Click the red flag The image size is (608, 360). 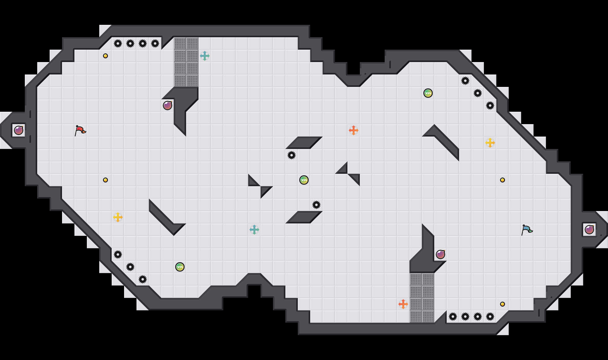pos(80,130)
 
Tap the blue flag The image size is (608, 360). pos(526,230)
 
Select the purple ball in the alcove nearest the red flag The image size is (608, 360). pos(19,130)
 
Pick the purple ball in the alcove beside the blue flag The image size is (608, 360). pos(589,230)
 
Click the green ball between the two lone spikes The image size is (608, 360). pos(304,180)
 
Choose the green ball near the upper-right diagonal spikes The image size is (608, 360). pos(428,93)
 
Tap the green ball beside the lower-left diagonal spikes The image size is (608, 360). pos(180,267)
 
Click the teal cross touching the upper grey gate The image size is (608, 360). pos(205,56)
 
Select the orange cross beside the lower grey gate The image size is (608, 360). pos(403,304)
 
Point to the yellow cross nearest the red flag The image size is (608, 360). pos(118,217)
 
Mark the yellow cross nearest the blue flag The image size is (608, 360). pos(490,143)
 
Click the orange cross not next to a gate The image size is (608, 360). pos(354,130)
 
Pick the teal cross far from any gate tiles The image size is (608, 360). pos(254,230)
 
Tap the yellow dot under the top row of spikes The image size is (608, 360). pos(105,56)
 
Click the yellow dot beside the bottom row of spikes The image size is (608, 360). pos(503,304)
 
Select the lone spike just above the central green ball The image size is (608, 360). pos(292,155)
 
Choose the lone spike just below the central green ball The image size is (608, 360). pos(316,205)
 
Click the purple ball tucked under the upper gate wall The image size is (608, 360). pos(168,106)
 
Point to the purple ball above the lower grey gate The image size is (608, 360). pos(440,254)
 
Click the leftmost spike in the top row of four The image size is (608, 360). pos(118,43)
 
